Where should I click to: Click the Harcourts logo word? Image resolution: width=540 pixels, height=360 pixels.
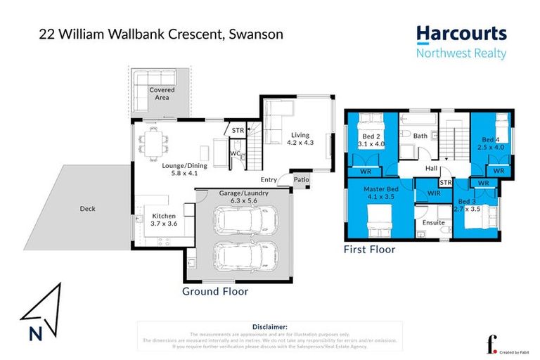461,34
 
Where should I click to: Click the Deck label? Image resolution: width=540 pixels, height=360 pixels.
88,209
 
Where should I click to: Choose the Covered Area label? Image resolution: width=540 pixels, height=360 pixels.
162,94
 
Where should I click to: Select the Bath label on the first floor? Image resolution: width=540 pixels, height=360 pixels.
420,136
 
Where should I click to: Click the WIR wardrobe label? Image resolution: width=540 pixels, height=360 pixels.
433,192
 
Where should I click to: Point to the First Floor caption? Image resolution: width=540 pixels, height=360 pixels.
369,249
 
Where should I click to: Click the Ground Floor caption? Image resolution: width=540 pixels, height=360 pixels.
215,291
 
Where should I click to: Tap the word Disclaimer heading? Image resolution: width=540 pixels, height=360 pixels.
269,327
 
